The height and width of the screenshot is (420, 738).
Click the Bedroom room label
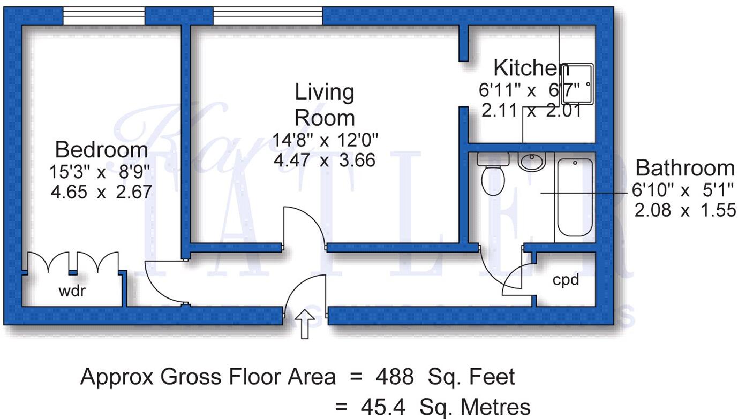coord(101,149)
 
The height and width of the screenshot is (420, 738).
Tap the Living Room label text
coord(325,105)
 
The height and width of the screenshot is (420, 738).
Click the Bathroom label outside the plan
coord(684,168)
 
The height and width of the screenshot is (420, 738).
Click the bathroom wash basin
coord(531,161)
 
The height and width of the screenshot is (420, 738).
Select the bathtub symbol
coord(574,197)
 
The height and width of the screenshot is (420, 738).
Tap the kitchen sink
coord(577,84)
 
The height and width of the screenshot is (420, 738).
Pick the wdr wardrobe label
coord(72,292)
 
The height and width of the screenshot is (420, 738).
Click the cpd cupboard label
coord(566,279)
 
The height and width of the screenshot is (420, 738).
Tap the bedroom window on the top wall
coord(104,16)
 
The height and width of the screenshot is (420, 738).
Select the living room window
coord(268,16)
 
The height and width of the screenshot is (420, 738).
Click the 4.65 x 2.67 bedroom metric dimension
coord(101,192)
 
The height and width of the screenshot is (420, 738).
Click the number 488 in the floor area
coord(394,377)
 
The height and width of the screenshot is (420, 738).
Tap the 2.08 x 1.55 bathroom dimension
coord(685,210)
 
